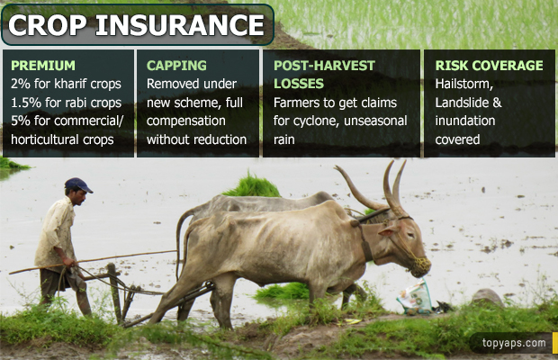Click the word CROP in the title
pos(47,25)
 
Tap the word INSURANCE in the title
pos(180,25)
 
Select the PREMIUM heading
pos(43,66)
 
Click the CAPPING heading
pos(176,66)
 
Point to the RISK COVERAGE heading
pos(490,66)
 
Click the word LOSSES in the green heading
pos(299,84)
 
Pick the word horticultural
pos(45,139)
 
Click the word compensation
pos(185,121)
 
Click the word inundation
pos(464,121)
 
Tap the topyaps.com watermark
pos(514,343)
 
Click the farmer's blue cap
pos(78,184)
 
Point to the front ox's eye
pos(409,235)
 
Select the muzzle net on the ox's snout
pos(420,265)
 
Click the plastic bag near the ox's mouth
pos(415,298)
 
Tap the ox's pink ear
pos(388,231)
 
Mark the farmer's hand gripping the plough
pos(69,263)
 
